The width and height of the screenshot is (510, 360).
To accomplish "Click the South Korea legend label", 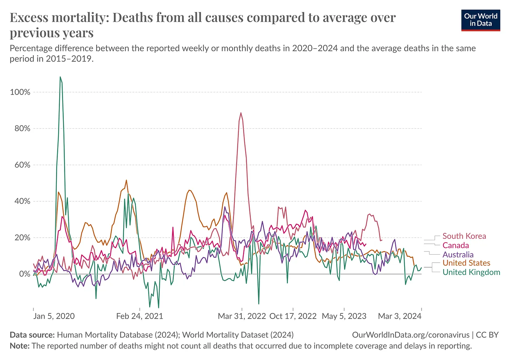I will pyautogui.click(x=464, y=236).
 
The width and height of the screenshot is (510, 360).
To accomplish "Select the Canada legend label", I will pyautogui.click(x=455, y=245).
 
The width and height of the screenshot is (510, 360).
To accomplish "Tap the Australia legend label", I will pyautogui.click(x=458, y=255).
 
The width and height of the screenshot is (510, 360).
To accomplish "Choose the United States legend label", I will pyautogui.click(x=466, y=263).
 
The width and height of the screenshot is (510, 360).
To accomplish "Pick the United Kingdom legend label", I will pyautogui.click(x=471, y=272).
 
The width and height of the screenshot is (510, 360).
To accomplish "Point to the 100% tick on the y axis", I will pyautogui.click(x=20, y=92).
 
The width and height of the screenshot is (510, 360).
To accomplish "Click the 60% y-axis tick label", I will pyautogui.click(x=22, y=165).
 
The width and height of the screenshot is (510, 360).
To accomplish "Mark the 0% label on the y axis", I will pyautogui.click(x=24, y=274).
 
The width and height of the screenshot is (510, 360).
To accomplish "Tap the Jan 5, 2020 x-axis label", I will pyautogui.click(x=54, y=316).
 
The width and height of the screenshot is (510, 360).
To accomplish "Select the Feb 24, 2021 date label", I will pyautogui.click(x=140, y=316).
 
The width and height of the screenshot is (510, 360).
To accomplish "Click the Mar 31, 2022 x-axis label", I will pyautogui.click(x=242, y=316).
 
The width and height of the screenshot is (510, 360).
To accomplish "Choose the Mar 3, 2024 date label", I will pyautogui.click(x=399, y=316).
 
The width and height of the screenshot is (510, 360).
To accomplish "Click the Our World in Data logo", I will pyautogui.click(x=481, y=20).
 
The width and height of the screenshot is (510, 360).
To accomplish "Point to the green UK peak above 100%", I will pyautogui.click(x=60, y=77).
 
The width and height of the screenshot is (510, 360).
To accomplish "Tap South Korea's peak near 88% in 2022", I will pyautogui.click(x=241, y=113).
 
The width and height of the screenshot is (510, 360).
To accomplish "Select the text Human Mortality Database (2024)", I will pyautogui.click(x=117, y=335).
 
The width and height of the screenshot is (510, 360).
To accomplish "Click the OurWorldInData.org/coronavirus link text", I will pyautogui.click(x=411, y=335).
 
